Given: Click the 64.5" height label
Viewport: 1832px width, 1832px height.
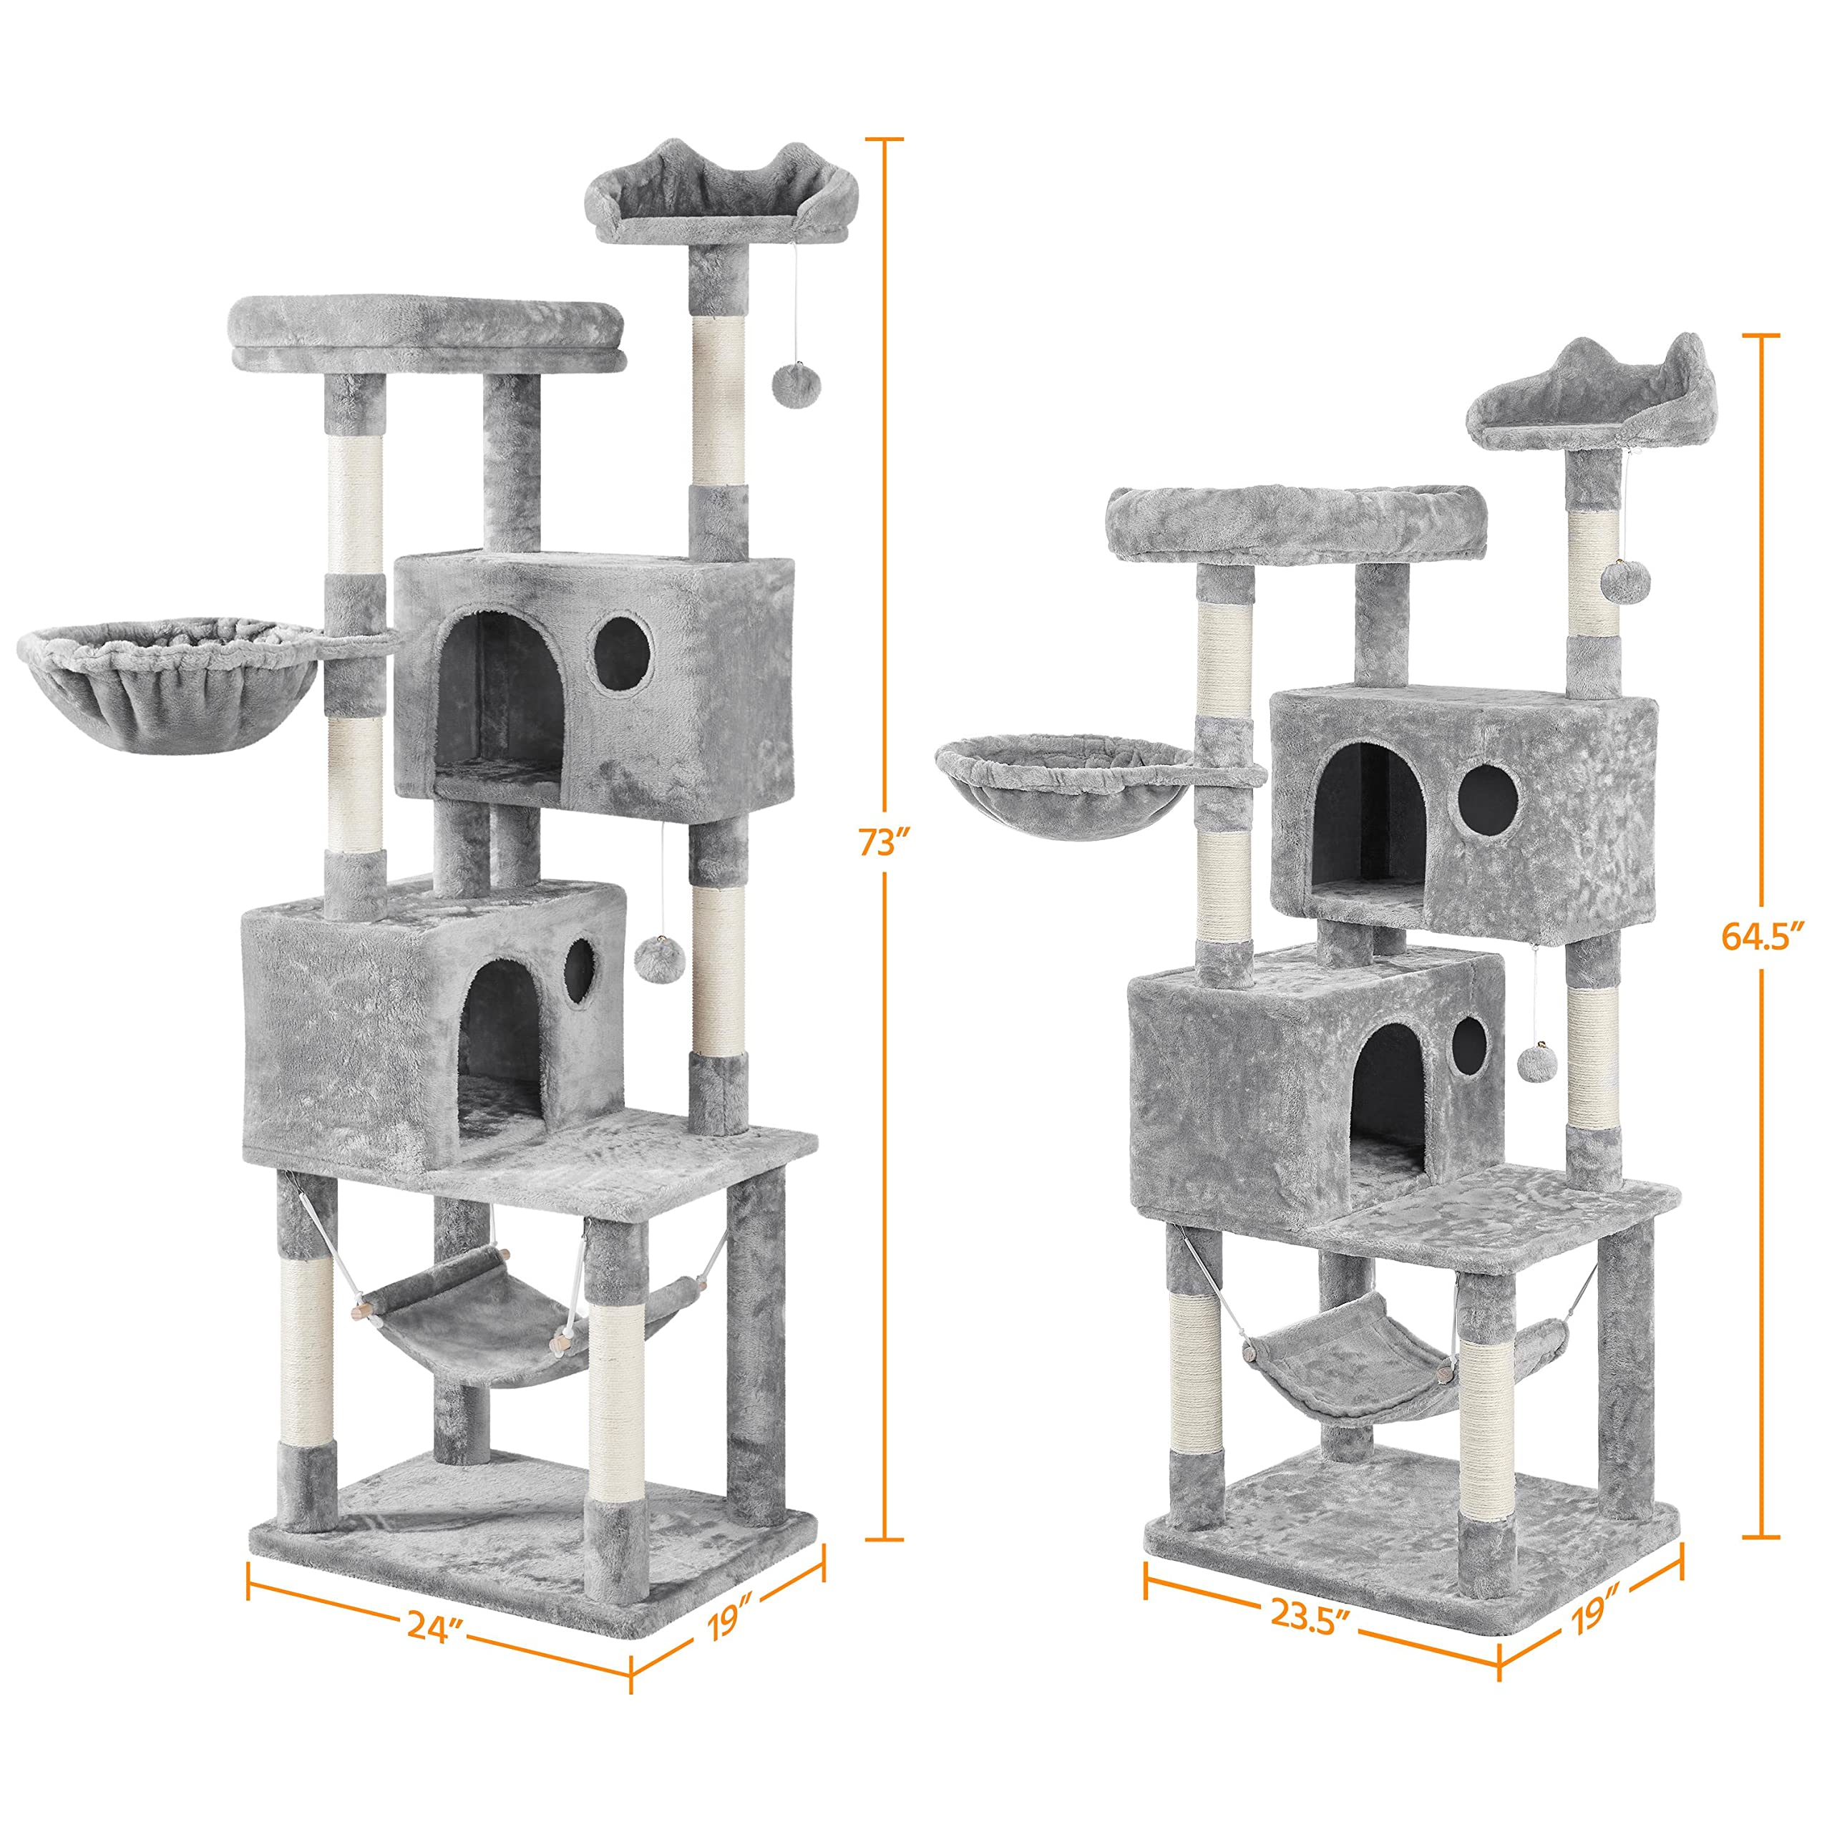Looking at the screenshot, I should click(1761, 936).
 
